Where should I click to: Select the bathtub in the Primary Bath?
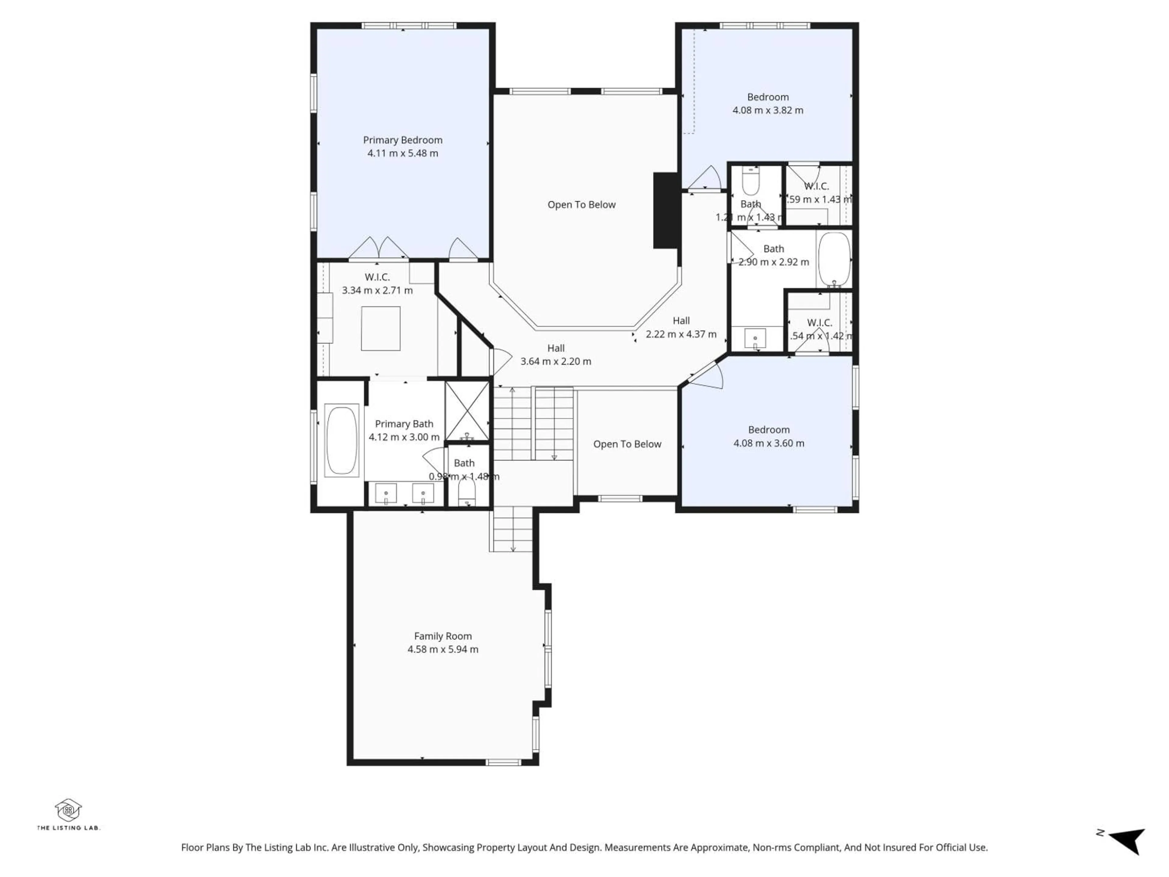pos(341,440)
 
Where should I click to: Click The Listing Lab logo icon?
pos(68,810)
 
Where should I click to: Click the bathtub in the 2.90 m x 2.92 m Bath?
pos(834,259)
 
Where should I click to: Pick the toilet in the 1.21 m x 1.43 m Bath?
pos(750,182)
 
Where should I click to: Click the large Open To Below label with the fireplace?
pos(581,205)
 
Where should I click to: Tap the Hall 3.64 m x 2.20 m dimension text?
pos(556,361)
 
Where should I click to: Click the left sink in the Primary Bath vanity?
pos(386,494)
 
